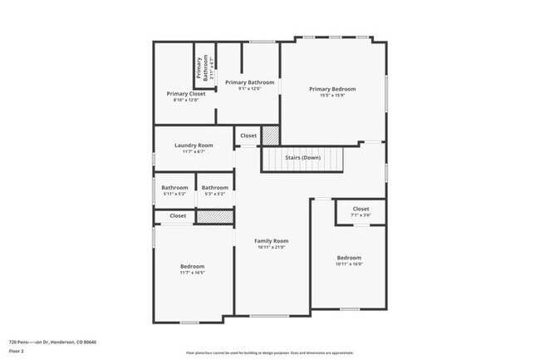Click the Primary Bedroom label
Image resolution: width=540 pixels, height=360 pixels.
332,89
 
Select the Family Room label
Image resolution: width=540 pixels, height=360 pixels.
272,240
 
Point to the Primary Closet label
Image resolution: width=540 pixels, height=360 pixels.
186,94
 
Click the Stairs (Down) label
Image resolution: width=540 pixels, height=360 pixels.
302,157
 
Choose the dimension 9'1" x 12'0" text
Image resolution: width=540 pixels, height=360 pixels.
249,89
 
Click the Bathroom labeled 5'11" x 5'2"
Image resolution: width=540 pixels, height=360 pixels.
174,187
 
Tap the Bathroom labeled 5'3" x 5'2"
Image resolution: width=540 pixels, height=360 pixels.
214,187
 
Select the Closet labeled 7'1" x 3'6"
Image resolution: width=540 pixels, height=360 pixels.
361,209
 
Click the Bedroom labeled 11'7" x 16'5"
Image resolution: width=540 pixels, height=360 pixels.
192,266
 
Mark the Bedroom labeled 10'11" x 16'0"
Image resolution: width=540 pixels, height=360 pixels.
349,258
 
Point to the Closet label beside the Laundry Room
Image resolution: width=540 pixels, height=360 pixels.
248,136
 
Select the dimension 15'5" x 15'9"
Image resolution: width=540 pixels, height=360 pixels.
332,96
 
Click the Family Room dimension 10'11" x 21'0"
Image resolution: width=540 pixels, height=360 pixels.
272,247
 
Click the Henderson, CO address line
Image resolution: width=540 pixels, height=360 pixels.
52,342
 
